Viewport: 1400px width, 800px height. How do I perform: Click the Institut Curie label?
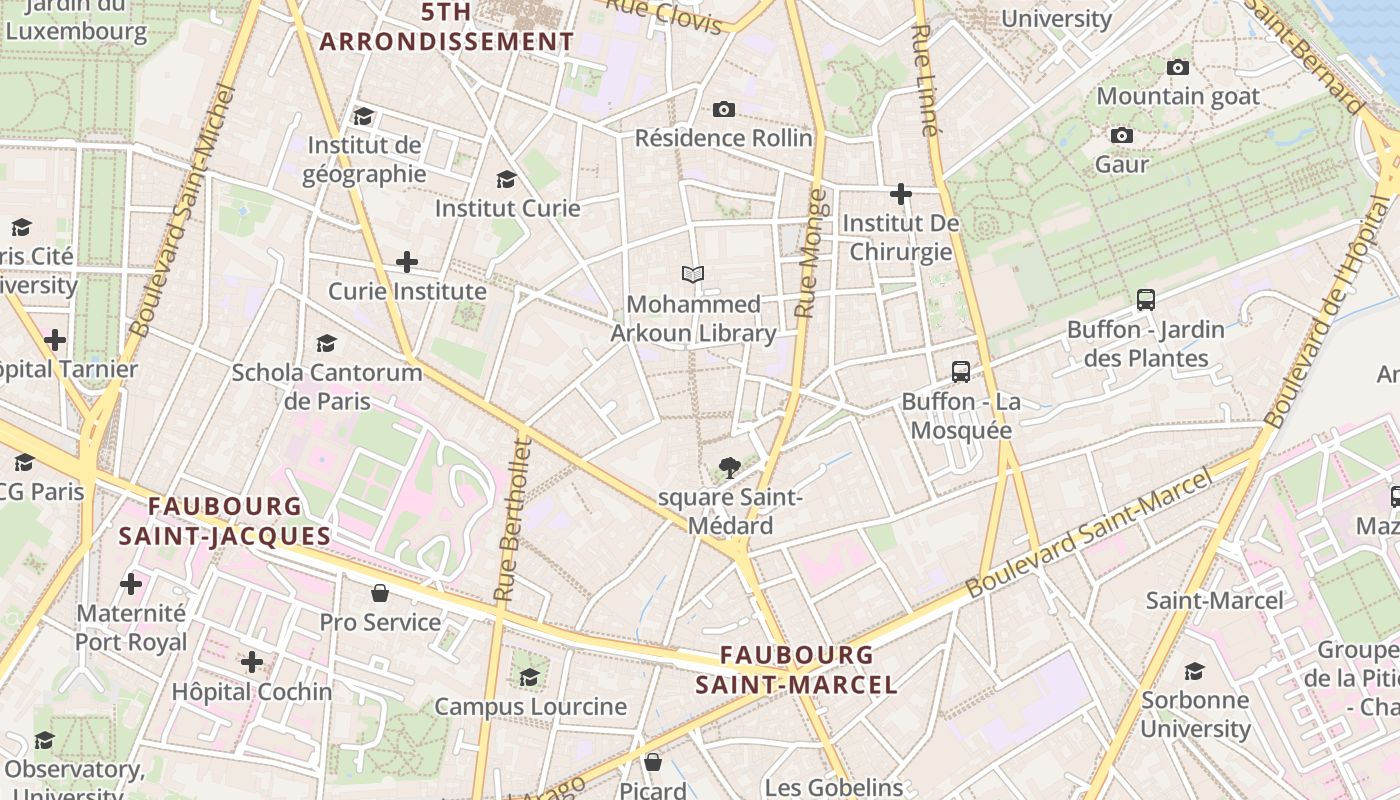[x=507, y=208]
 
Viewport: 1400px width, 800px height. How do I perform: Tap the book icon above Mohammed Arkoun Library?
[x=693, y=274]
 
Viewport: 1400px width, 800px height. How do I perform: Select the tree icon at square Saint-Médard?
[x=730, y=466]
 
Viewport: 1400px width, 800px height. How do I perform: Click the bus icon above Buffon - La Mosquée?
[x=961, y=372]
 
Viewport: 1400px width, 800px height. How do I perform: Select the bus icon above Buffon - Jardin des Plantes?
[x=1146, y=299]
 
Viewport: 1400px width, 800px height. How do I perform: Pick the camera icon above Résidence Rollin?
[x=724, y=109]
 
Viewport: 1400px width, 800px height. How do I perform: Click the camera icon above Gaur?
[x=1122, y=135]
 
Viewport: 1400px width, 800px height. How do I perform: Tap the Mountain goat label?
[x=1178, y=96]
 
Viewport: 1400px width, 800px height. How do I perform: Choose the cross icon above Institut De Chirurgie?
[x=901, y=193]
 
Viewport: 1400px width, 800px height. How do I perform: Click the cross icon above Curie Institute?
[x=407, y=262]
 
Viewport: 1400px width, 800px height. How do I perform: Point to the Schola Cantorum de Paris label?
[x=327, y=387]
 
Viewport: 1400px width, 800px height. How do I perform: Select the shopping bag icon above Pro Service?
[x=380, y=593]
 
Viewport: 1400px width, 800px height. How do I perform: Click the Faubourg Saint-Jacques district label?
[x=225, y=521]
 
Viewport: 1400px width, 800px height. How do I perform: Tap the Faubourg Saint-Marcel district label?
[x=796, y=670]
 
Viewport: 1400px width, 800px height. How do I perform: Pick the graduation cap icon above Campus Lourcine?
[x=529, y=677]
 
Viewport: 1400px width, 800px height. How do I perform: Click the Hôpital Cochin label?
[x=252, y=691]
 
